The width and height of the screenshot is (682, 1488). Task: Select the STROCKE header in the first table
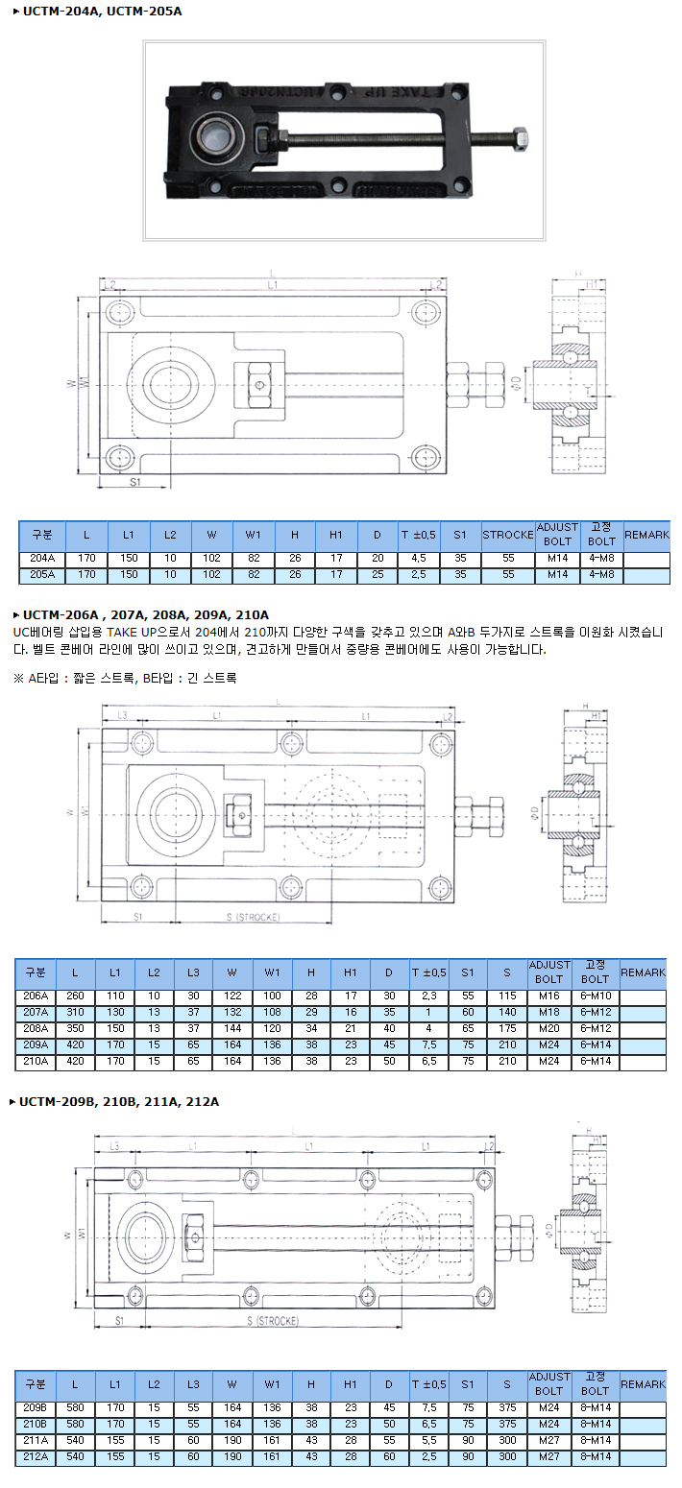tap(507, 535)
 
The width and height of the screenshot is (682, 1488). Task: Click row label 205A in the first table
tap(42, 575)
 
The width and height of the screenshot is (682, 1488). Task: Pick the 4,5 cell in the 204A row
tap(419, 558)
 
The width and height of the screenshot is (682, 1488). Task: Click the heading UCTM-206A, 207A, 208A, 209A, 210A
tap(145, 614)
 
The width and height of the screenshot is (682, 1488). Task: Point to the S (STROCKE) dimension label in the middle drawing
tap(254, 918)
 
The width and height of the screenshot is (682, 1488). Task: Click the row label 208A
tap(36, 1028)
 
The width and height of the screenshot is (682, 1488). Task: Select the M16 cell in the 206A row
tap(548, 996)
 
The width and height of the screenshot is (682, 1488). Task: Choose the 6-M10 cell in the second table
tap(596, 996)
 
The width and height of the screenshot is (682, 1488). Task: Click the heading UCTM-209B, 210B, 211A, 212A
tap(119, 1101)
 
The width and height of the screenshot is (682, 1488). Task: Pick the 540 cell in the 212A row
tap(76, 1457)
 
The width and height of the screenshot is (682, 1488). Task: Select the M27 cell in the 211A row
tap(549, 1441)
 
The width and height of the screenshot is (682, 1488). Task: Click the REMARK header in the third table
tap(643, 1384)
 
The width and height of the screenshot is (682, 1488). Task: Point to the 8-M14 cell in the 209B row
tap(596, 1408)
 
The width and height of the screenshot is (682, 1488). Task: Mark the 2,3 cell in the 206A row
tap(428, 996)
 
